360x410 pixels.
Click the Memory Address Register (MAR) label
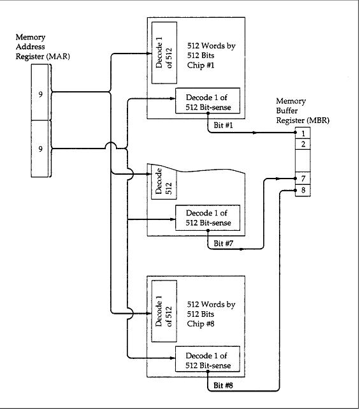coord(43,47)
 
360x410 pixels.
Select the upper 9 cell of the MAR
coord(40,92)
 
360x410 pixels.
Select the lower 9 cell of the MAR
coord(40,149)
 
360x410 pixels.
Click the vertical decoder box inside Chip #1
coord(164,53)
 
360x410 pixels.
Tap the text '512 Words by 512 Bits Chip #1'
coord(211,55)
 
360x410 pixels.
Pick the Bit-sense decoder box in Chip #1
coord(208,101)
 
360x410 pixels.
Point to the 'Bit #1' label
coord(223,125)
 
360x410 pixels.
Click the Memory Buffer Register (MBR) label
coord(303,110)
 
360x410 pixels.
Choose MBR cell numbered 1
coord(303,133)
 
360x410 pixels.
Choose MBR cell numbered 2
coord(303,144)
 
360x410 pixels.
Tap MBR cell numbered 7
coord(303,179)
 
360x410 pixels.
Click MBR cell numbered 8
coord(303,190)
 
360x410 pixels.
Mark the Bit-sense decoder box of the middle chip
coord(208,218)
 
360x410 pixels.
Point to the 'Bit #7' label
coord(223,244)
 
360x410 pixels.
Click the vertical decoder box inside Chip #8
coord(164,311)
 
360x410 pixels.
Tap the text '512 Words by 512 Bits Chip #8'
coord(211,314)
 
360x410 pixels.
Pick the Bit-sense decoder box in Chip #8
coord(208,359)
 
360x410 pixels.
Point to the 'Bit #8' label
coord(223,385)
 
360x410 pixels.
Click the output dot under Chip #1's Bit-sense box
coord(208,113)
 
